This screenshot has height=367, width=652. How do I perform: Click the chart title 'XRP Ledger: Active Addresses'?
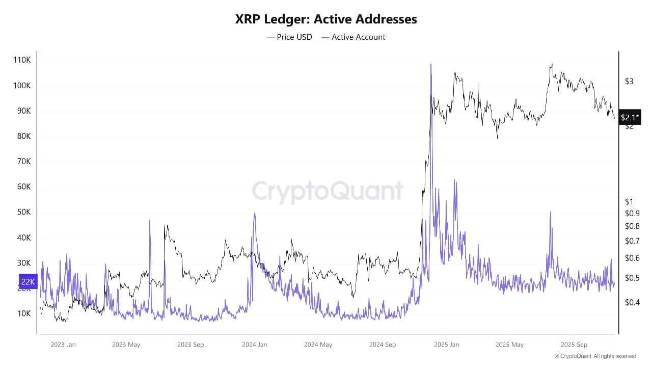tap(326, 19)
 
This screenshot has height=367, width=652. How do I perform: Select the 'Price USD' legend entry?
tap(289, 37)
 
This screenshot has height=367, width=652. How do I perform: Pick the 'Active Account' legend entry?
tap(354, 37)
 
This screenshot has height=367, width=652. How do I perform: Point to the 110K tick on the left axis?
tap(21, 60)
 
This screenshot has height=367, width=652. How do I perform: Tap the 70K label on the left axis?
tap(22, 162)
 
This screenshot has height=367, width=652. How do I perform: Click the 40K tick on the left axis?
tap(22, 238)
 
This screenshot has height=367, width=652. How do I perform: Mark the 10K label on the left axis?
tap(22, 314)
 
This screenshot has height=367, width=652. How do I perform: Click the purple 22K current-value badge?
tap(28, 281)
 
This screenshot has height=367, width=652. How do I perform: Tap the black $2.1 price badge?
tap(630, 117)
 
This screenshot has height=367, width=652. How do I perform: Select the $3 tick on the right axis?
tap(629, 82)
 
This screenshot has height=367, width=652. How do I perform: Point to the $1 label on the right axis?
tap(629, 202)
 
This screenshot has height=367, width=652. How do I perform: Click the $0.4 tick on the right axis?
tap(632, 302)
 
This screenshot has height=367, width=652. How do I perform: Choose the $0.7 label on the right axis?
tap(632, 241)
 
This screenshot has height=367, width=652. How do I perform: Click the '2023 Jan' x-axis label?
tap(63, 345)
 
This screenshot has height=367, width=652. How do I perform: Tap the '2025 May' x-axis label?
tap(509, 345)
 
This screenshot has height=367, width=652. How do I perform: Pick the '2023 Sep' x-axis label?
tap(191, 345)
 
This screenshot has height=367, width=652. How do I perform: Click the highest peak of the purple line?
tap(431, 64)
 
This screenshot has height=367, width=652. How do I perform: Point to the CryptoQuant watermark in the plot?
tap(328, 192)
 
